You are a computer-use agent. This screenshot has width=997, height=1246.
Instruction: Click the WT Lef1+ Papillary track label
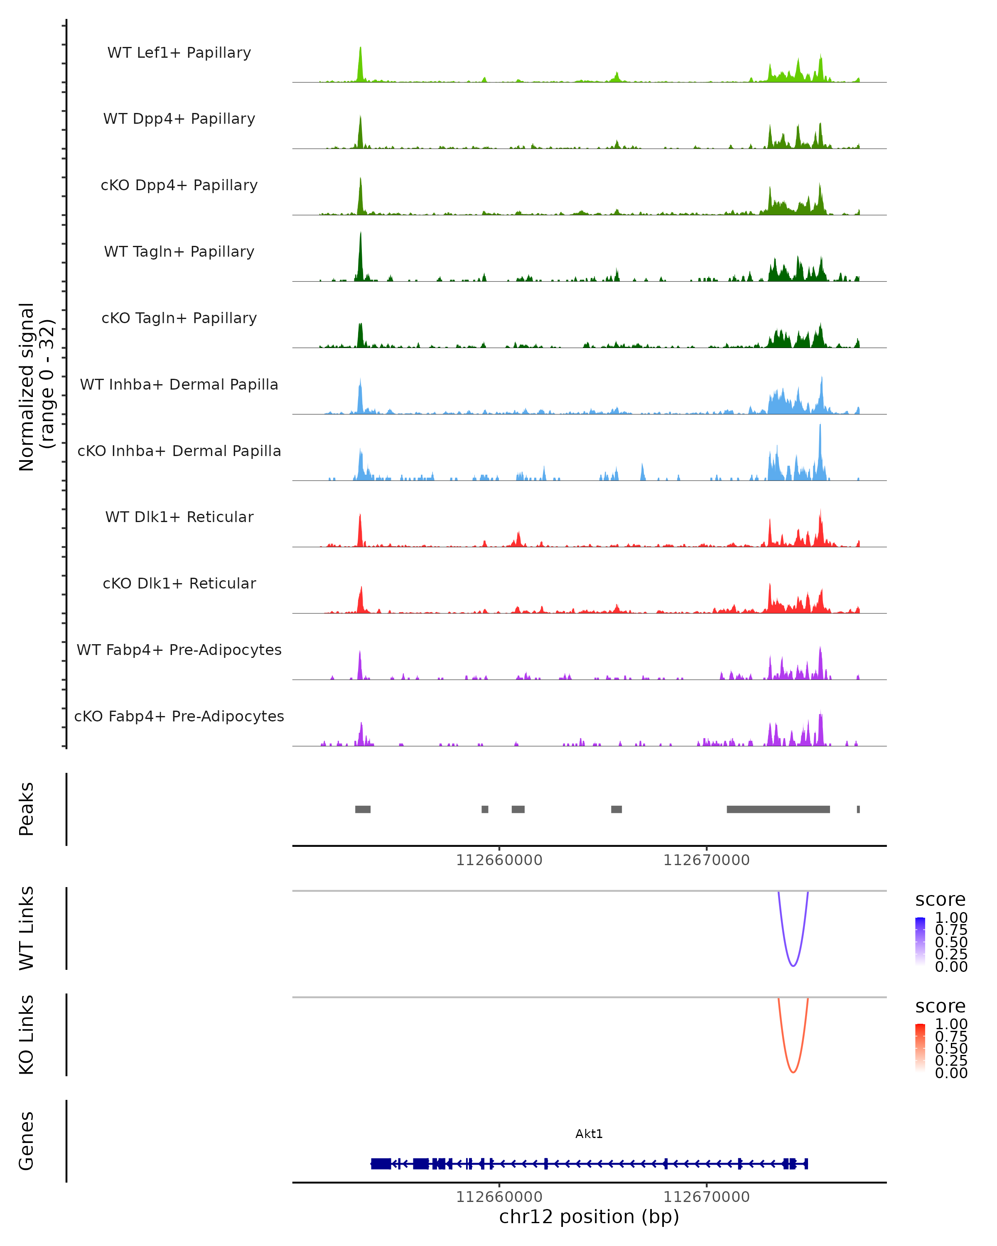pyautogui.click(x=179, y=53)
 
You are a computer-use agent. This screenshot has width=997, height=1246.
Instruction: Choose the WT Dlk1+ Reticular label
pyautogui.click(x=179, y=517)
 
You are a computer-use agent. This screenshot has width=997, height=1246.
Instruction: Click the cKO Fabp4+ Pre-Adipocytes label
pyautogui.click(x=179, y=716)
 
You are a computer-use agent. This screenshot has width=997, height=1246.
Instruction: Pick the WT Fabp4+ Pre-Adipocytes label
pyautogui.click(x=179, y=650)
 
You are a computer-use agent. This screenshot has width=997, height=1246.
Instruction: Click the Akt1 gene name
pyautogui.click(x=589, y=1134)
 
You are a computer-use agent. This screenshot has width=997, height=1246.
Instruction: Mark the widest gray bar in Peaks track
pyautogui.click(x=778, y=809)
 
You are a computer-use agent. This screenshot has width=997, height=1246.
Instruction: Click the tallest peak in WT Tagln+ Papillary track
pyautogui.click(x=361, y=234)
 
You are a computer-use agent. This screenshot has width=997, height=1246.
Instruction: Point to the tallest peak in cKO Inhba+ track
pyautogui.click(x=820, y=427)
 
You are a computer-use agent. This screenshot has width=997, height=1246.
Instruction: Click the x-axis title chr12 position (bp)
pyautogui.click(x=589, y=1217)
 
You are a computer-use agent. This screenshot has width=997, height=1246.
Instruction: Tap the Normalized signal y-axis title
pyautogui.click(x=36, y=387)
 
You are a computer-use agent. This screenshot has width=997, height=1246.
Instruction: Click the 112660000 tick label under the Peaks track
pyautogui.click(x=499, y=860)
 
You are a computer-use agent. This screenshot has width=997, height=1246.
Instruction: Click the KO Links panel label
pyautogui.click(x=27, y=1035)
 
